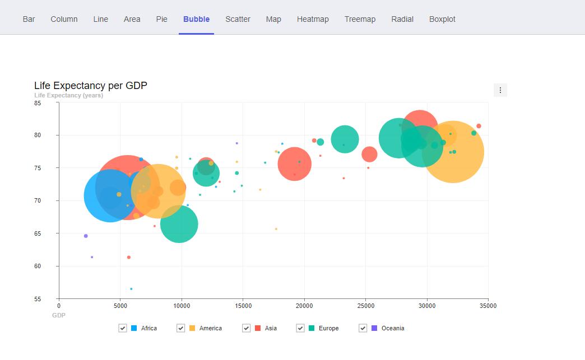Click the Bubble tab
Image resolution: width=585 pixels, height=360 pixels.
[196, 19]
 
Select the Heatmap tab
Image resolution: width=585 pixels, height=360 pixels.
[313, 19]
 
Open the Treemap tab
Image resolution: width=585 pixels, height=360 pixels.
[360, 19]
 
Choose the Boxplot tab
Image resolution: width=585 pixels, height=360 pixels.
[442, 19]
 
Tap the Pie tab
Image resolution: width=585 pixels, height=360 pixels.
[161, 19]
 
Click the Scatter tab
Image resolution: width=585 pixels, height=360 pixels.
[238, 19]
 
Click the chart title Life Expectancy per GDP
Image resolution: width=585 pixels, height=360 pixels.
[91, 86]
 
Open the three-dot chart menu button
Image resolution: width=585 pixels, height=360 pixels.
[500, 90]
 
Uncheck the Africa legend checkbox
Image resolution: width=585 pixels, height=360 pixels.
[123, 328]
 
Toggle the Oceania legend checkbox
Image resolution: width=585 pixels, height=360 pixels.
[363, 328]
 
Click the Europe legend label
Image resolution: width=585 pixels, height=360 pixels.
[328, 328]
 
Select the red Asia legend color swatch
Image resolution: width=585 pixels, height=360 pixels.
[258, 328]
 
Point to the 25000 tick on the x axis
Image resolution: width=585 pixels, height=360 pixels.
[365, 306]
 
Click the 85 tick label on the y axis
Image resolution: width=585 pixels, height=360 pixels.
[38, 103]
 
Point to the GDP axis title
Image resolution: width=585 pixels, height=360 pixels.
[59, 315]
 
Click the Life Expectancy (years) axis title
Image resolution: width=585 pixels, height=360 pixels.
[68, 95]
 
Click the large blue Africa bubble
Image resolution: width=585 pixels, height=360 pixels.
[106, 196]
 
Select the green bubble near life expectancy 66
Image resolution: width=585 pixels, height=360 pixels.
[179, 224]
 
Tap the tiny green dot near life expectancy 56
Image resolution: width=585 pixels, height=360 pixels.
[131, 289]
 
